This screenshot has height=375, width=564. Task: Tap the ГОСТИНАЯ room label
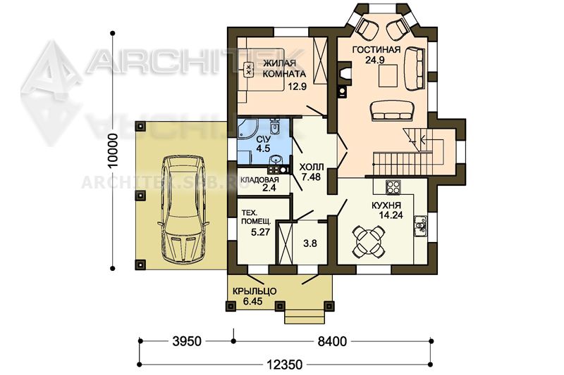(x=376, y=49)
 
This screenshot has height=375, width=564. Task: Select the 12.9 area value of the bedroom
(x=297, y=86)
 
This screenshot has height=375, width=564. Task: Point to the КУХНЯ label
(x=386, y=205)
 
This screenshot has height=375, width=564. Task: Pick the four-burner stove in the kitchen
(x=393, y=186)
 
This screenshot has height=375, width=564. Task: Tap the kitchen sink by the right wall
(x=420, y=226)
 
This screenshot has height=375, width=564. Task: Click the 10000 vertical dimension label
(x=113, y=151)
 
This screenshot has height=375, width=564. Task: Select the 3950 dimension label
(x=187, y=341)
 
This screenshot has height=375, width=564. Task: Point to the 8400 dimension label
(x=332, y=341)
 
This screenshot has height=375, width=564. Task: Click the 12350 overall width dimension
(x=285, y=364)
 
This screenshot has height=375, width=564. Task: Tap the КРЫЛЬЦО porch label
(x=255, y=291)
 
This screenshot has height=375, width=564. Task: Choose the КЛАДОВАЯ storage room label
(x=259, y=180)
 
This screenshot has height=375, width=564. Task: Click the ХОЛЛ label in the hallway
(x=312, y=167)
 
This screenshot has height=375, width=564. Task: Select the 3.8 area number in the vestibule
(x=310, y=243)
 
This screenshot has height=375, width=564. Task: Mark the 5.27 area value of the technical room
(x=260, y=232)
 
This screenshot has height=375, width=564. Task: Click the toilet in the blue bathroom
(x=274, y=126)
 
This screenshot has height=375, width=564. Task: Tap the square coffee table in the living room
(x=388, y=76)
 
